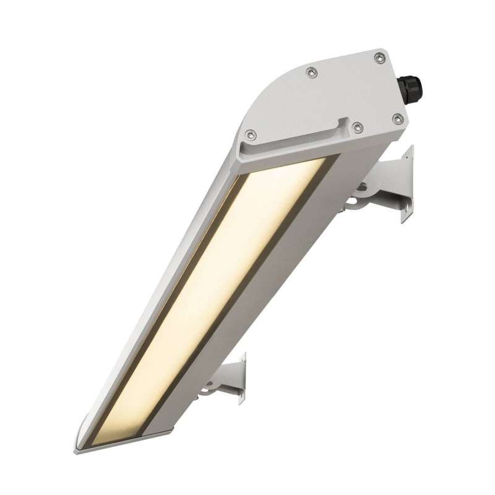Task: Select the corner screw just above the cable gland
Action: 380,58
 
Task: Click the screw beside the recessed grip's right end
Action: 357,127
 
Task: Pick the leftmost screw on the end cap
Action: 250,134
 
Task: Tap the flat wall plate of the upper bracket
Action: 407,183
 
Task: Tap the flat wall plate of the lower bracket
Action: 241,378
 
